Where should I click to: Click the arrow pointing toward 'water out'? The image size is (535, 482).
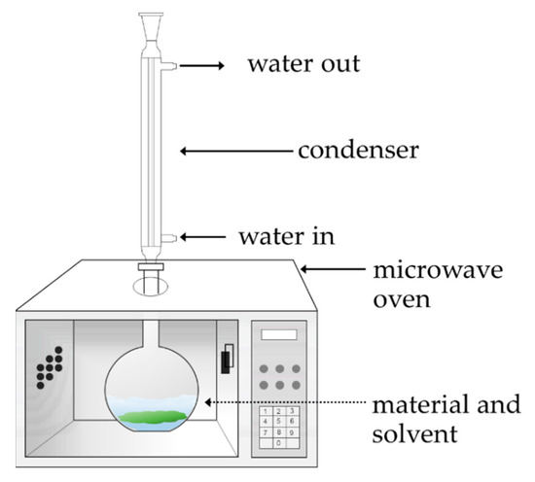(201, 66)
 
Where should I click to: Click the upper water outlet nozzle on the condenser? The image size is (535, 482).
(168, 66)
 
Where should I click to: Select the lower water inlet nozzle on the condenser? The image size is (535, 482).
(168, 237)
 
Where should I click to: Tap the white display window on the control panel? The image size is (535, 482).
(280, 334)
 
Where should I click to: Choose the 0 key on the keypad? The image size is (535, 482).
(280, 443)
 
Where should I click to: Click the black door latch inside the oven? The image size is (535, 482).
(227, 361)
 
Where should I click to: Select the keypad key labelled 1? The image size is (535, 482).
(267, 409)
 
